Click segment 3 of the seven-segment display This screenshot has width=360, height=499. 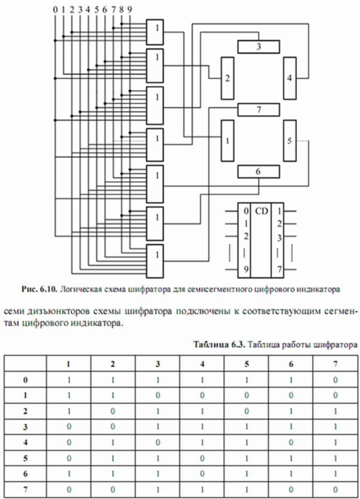tap(259, 46)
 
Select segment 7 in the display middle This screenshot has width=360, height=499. tap(259, 109)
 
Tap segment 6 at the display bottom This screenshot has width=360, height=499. tap(259, 171)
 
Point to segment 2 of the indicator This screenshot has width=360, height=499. tap(227, 78)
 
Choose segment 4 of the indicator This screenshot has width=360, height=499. tap(289, 78)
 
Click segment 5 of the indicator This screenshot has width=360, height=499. tap(289, 141)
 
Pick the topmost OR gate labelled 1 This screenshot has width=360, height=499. tap(155, 31)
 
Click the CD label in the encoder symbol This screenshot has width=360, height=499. tap(261, 211)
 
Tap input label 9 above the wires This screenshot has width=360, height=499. tap(129, 8)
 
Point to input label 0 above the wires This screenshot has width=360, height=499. tap(55, 8)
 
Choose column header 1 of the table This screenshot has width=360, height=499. tap(68, 363)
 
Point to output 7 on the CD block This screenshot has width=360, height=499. tap(279, 269)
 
